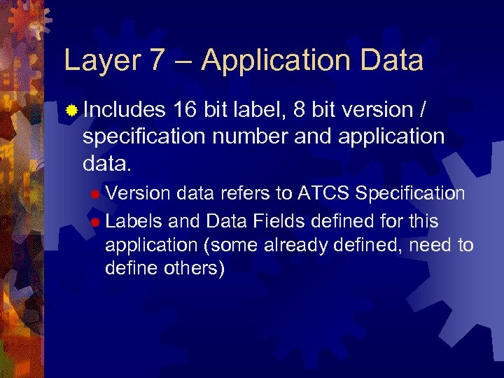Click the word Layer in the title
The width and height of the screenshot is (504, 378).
99,62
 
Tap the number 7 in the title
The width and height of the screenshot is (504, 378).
157,61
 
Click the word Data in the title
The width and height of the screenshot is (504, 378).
393,61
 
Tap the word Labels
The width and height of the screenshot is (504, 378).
134,221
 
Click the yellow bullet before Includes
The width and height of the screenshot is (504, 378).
71,111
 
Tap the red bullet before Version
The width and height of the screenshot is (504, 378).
95,194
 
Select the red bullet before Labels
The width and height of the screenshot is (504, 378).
95,222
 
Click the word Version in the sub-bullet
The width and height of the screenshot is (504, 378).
137,193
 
